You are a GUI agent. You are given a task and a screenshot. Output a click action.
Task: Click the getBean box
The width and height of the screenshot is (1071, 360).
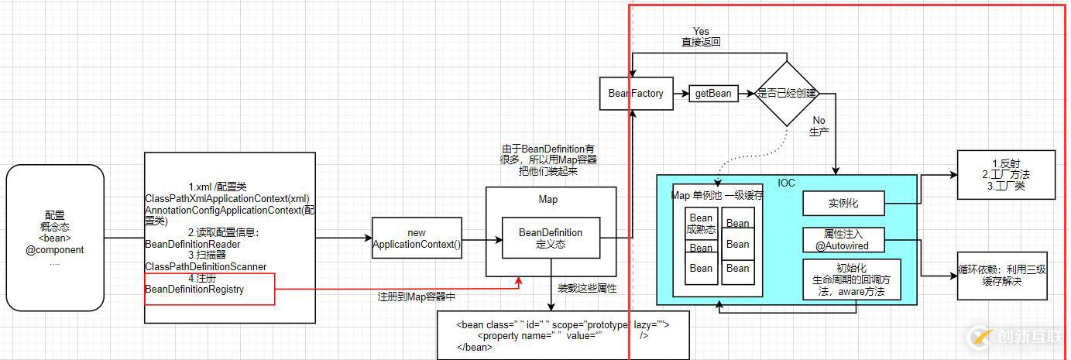(712, 94)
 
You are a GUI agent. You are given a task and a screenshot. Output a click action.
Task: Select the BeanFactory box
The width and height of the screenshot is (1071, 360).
(636, 94)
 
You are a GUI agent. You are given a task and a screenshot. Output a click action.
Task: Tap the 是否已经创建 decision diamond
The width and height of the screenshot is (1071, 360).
(787, 94)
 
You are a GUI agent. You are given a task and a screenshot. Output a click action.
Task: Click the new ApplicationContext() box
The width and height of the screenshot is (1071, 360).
(417, 238)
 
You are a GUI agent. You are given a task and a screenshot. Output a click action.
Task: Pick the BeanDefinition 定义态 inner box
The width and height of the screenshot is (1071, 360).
(551, 238)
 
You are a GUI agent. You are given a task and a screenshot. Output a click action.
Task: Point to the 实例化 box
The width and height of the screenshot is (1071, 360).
(843, 204)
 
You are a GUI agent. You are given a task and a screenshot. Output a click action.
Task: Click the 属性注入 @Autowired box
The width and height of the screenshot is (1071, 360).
(843, 240)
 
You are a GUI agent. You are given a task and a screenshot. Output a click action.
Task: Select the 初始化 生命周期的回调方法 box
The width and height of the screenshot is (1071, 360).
(853, 279)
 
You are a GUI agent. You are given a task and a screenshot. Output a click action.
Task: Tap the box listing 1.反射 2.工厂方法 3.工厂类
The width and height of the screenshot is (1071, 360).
(1004, 174)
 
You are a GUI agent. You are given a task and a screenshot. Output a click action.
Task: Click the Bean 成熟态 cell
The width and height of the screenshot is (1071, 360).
(700, 223)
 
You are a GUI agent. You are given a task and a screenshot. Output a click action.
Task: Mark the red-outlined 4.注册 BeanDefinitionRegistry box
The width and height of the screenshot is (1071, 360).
(209, 289)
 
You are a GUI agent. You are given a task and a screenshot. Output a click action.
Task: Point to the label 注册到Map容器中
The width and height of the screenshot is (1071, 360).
(416, 297)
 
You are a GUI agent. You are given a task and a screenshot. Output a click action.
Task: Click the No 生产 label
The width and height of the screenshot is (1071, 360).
(819, 126)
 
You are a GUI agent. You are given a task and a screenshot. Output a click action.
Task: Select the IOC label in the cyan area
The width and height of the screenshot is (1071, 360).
(786, 183)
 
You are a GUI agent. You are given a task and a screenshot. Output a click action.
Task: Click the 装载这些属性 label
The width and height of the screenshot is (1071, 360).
(587, 288)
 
